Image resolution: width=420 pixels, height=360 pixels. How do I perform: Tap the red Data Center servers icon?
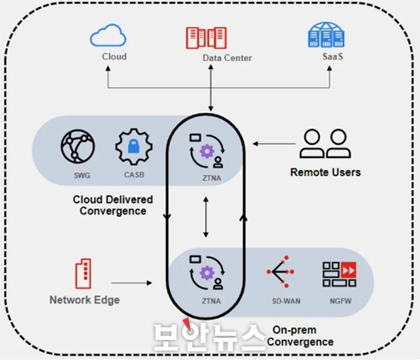pyautogui.click(x=206, y=38)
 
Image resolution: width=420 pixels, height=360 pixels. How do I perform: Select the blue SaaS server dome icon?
pyautogui.click(x=326, y=35)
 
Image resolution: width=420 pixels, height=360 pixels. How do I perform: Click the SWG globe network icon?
pyautogui.click(x=78, y=146)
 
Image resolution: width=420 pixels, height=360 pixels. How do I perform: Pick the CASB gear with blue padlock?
pyautogui.click(x=134, y=147)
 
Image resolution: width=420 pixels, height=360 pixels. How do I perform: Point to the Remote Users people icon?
pyautogui.click(x=325, y=143)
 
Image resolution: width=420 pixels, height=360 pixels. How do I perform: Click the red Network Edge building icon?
pyautogui.click(x=83, y=273)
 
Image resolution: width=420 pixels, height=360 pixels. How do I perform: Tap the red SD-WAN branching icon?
pyautogui.click(x=281, y=272)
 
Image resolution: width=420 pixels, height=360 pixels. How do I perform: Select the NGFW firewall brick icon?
pyautogui.click(x=339, y=274)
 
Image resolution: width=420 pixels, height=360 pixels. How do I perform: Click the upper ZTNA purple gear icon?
pyautogui.click(x=207, y=151)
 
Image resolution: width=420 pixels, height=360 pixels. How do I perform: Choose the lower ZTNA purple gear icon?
pyautogui.click(x=207, y=273)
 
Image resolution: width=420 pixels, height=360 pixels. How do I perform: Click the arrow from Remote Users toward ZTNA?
pyautogui.click(x=274, y=144)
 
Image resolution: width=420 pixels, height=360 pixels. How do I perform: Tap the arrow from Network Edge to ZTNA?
pyautogui.click(x=132, y=283)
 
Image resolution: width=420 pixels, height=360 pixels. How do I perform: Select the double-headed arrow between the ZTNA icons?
pyautogui.click(x=206, y=217)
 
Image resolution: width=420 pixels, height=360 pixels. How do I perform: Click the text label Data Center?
pyautogui.click(x=227, y=58)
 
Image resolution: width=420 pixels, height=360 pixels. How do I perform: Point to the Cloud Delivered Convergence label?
pyautogui.click(x=113, y=205)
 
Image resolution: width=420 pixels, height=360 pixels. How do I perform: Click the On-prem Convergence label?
pyautogui.click(x=300, y=336)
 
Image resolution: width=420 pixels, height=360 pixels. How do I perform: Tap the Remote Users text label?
pyautogui.click(x=325, y=172)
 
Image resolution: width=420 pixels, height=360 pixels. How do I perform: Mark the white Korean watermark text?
pyautogui.click(x=209, y=338)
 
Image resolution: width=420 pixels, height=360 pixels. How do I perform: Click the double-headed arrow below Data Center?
pyautogui.click(x=211, y=88)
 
